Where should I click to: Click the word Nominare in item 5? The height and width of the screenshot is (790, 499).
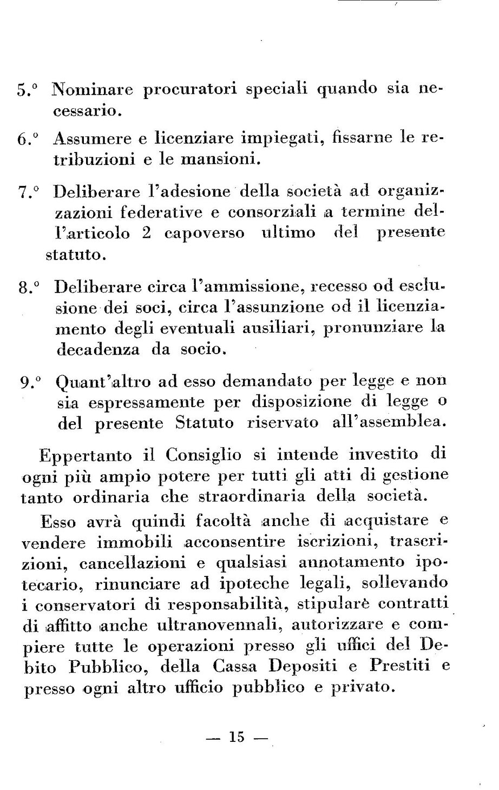pos(93,89)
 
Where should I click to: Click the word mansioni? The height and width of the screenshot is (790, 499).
pos(218,160)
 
